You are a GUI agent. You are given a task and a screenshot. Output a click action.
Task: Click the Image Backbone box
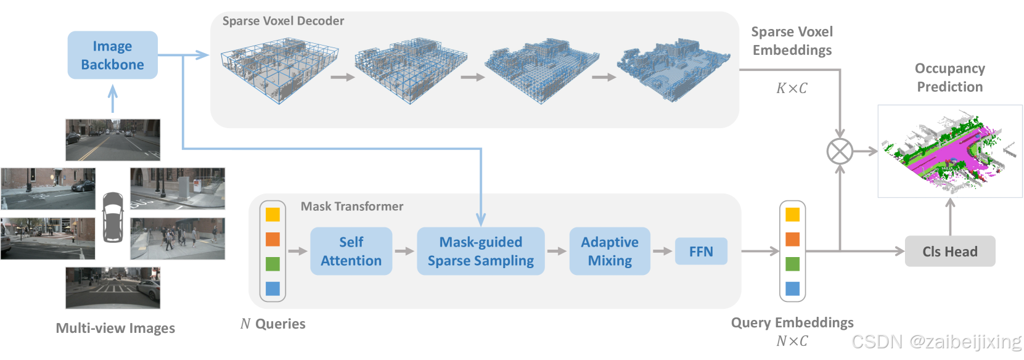point(112,55)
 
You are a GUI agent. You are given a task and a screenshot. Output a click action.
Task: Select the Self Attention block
point(351,251)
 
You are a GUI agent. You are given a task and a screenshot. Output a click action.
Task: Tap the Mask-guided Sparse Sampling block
point(480,251)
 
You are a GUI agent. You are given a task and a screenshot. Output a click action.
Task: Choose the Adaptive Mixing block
point(609,251)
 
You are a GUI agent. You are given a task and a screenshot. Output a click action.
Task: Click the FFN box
point(701,252)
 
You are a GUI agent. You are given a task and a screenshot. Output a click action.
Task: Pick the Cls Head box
point(949,252)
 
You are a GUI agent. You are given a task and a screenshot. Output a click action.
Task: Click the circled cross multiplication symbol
point(839,151)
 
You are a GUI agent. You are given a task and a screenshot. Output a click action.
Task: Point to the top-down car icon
point(113,217)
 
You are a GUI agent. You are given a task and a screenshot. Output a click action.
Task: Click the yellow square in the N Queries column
point(272,215)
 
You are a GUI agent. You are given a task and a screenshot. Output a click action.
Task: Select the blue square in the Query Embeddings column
point(792,288)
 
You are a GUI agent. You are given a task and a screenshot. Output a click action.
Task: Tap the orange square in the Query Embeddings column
point(792,239)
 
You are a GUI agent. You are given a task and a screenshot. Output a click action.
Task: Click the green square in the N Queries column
point(272,264)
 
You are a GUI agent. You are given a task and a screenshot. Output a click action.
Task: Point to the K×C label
point(791,88)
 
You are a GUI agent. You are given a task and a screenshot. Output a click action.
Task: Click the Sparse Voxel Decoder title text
point(283,21)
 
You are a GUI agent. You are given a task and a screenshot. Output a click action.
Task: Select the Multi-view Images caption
point(115,328)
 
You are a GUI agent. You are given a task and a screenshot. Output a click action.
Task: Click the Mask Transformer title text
point(352,207)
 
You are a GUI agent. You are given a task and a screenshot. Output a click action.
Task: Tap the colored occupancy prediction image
point(949,151)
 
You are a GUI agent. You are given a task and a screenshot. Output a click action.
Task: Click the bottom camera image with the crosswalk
point(113,288)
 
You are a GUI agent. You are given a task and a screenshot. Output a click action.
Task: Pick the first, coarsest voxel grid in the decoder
point(279,70)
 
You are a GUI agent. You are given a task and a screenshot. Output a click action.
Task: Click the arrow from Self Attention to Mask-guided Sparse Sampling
point(404,252)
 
